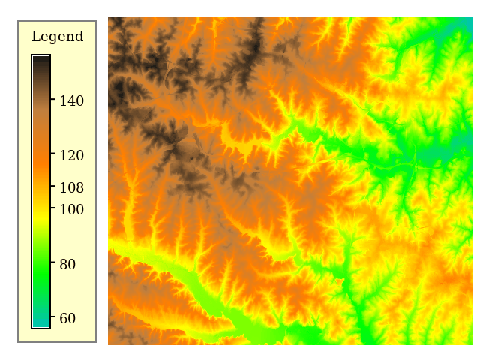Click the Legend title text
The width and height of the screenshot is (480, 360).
[x=57, y=37]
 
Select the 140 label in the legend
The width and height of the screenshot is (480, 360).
[x=71, y=100]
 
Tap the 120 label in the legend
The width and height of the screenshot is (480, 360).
[x=71, y=155]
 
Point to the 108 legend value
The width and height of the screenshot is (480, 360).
[x=71, y=187]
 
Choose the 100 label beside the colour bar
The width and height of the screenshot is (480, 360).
[x=71, y=209]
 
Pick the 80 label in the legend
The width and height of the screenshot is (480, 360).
[x=67, y=264]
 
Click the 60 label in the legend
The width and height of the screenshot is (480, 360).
[x=67, y=318]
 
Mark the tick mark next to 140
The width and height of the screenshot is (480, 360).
[x=52, y=100]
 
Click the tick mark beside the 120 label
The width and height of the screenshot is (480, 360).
[x=52, y=154]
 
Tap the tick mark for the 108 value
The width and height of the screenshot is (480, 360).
[x=52, y=187]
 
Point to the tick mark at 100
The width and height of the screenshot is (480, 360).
[x=52, y=208]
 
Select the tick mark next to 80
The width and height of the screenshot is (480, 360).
[x=52, y=263]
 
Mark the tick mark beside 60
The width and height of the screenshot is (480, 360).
[x=52, y=318]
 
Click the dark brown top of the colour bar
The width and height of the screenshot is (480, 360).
[x=40, y=61]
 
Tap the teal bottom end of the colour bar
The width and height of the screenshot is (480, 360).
[x=40, y=322]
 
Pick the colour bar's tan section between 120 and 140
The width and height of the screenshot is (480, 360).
[x=40, y=127]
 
